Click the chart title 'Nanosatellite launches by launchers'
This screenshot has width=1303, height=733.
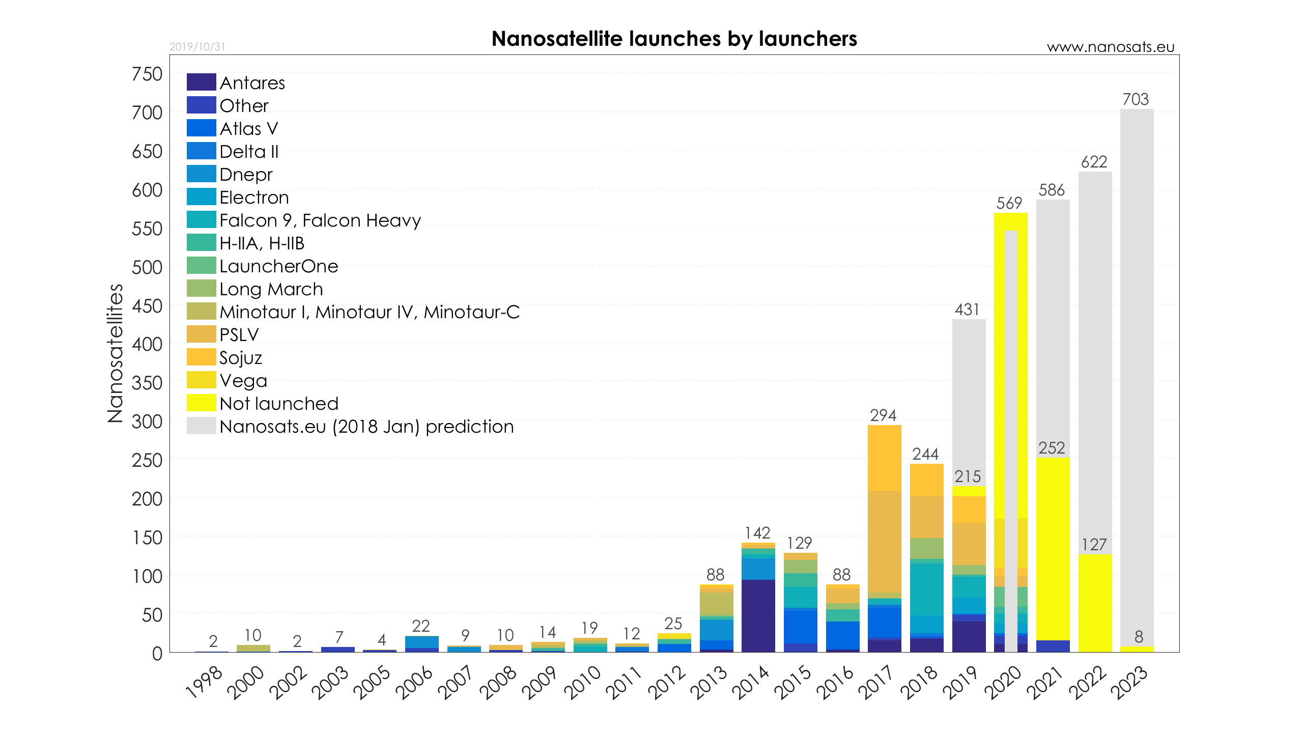[674, 39]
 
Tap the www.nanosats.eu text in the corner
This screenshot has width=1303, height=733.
[1110, 47]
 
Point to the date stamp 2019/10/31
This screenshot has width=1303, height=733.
[197, 47]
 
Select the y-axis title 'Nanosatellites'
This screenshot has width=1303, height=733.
[116, 353]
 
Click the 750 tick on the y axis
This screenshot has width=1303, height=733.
[147, 74]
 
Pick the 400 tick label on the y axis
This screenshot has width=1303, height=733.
[147, 345]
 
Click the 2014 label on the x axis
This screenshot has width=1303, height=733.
[751, 682]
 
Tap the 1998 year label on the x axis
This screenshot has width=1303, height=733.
[204, 682]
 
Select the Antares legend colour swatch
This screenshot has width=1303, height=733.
[201, 82]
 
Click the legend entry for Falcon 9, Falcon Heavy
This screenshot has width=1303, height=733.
[320, 220]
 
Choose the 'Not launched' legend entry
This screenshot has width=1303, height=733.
[278, 404]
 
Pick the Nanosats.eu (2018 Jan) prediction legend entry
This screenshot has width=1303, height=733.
[366, 427]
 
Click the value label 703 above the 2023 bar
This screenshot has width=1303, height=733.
[1136, 99]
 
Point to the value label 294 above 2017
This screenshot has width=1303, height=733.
[883, 415]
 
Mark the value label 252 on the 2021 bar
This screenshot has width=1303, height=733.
[1052, 448]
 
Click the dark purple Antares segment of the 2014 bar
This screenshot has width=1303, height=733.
[758, 616]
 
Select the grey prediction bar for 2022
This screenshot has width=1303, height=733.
[1095, 356]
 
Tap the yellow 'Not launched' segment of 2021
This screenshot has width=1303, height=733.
[1053, 550]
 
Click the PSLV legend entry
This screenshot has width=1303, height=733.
[239, 335]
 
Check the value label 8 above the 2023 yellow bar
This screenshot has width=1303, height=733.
[1139, 637]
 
